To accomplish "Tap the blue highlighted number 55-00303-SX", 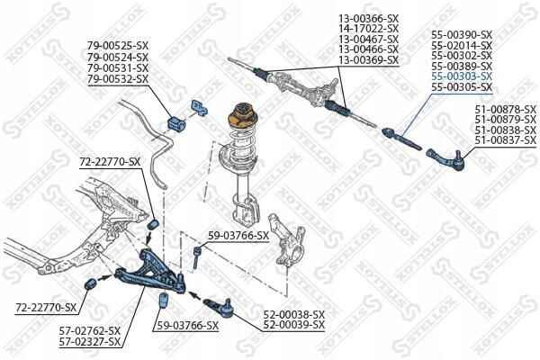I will tap(462, 76).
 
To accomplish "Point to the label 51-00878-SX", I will tap(505, 109).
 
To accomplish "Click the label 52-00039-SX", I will tap(293, 324).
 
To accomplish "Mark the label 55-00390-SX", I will tap(462, 33).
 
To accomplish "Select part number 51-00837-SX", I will tap(505, 140).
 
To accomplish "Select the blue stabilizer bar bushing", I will tap(177, 121).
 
